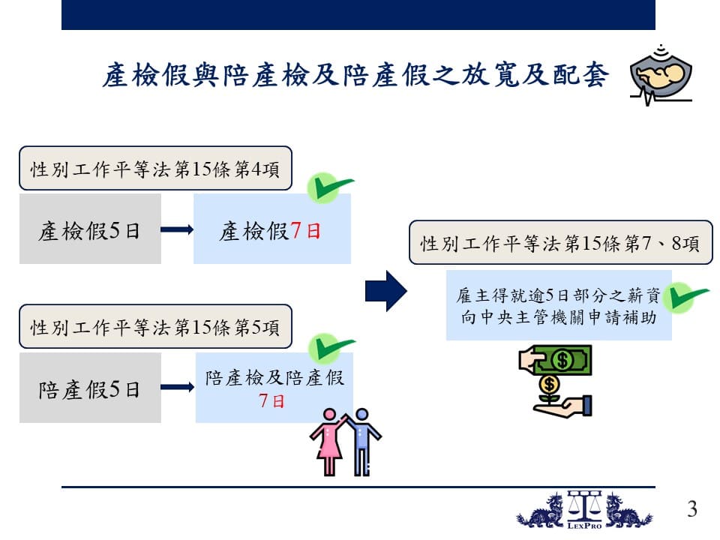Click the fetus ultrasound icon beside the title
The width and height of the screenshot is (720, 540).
tap(661, 75)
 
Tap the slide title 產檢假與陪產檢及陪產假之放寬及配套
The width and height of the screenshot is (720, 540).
tap(355, 75)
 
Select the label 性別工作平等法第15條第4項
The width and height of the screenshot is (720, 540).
tap(155, 169)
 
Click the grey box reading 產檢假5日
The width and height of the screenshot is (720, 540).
tap(90, 229)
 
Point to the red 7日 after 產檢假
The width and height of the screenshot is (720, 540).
tap(305, 230)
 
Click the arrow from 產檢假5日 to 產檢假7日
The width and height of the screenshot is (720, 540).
tap(177, 229)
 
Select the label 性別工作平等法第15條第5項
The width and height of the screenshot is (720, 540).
tap(155, 326)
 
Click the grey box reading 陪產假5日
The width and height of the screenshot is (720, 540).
tap(90, 388)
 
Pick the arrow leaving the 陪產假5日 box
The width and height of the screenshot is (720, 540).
tap(178, 387)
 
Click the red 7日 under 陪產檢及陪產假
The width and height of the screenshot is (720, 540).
tap(271, 400)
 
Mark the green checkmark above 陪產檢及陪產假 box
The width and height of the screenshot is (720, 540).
tap(331, 348)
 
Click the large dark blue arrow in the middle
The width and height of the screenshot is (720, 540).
tap(386, 291)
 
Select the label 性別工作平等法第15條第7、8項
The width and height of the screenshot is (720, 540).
tap(561, 242)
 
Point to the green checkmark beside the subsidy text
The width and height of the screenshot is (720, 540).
tap(686, 298)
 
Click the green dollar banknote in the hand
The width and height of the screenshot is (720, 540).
tap(563, 359)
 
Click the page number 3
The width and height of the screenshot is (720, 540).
tap(692, 508)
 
